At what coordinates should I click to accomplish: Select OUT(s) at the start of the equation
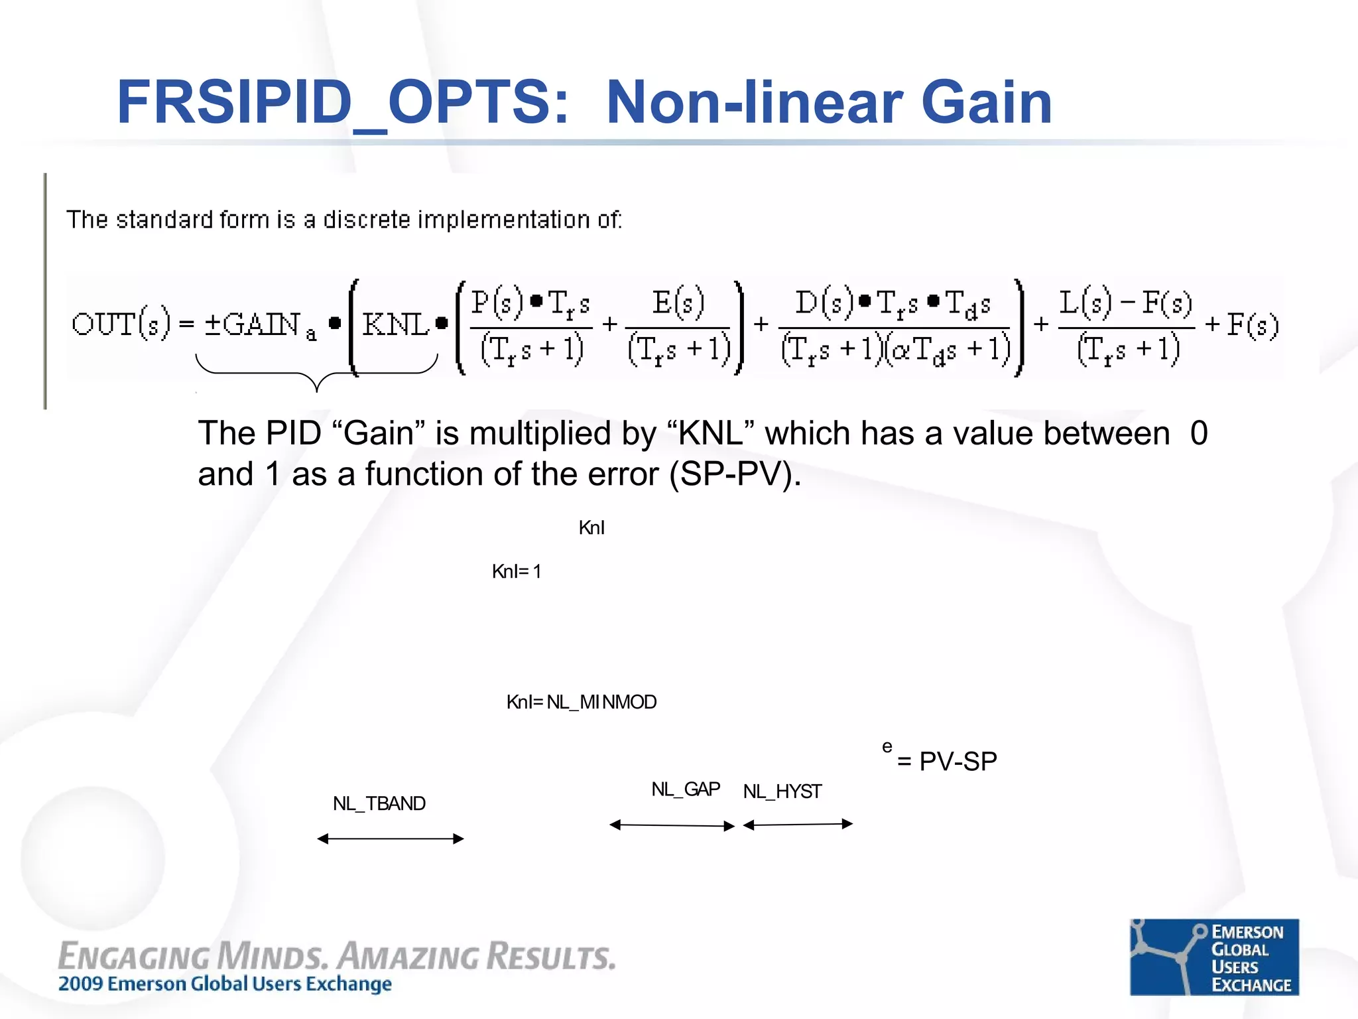121,324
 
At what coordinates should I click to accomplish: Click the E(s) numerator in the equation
677,303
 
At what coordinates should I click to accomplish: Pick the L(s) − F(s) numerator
1125,303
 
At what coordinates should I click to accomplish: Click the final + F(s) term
1242,324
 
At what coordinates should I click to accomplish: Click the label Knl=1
517,571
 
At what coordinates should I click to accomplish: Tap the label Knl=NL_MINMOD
581,702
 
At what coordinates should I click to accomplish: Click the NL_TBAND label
379,803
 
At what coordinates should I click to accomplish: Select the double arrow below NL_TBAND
391,839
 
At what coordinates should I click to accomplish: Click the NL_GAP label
685,789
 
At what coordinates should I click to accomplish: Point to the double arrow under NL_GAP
672,825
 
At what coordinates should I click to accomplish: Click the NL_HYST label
782,791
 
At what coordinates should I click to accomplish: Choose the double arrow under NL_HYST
798,825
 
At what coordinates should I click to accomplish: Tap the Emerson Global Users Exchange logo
1213,957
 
